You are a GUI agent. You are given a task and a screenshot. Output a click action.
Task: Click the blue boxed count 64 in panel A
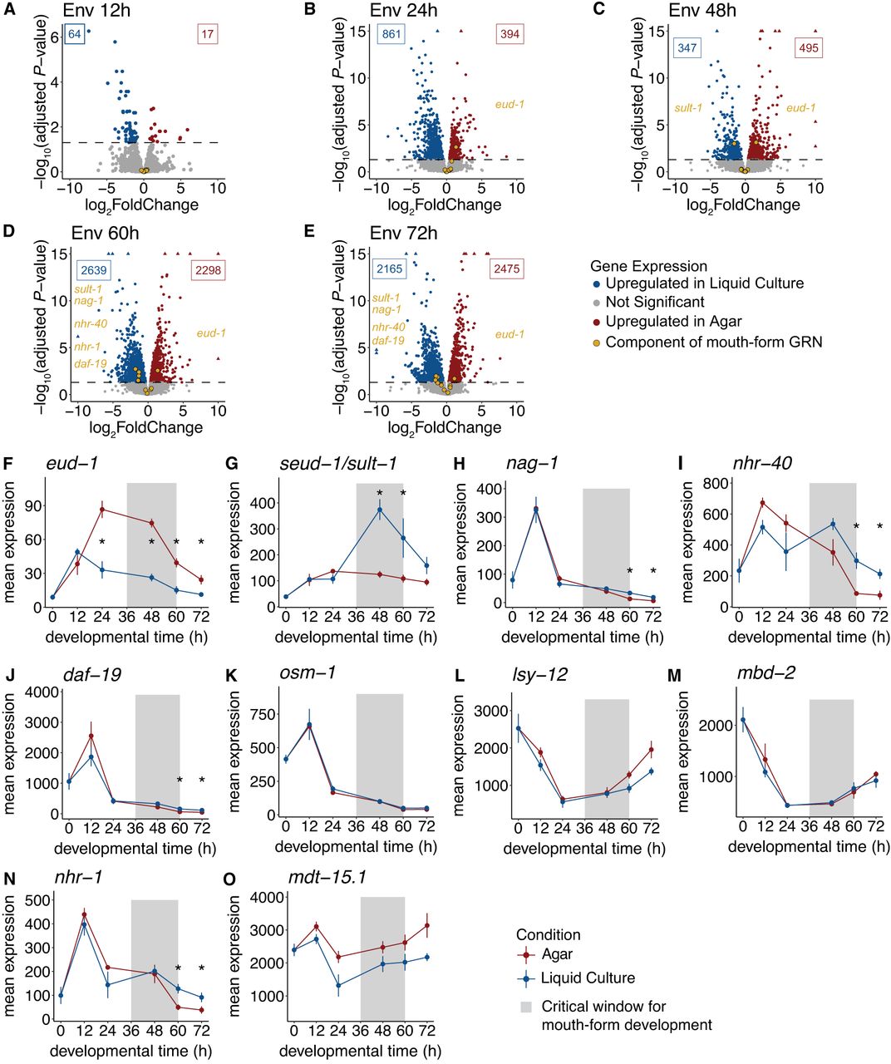pos(74,34)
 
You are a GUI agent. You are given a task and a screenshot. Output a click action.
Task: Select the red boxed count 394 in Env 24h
pos(510,34)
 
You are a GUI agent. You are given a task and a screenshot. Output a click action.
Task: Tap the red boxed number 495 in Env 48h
pos(809,48)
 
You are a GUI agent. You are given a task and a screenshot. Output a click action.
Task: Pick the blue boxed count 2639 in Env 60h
pos(94,269)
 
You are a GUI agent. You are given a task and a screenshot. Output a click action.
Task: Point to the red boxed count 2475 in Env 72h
pos(506,268)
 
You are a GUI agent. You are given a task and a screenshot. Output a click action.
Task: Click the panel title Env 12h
pos(96,10)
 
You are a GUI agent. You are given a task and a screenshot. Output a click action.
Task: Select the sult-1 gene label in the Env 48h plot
pos(688,108)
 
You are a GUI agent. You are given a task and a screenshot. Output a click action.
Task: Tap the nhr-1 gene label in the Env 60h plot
pos(87,347)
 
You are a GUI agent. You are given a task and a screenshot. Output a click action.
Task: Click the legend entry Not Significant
pos(655,303)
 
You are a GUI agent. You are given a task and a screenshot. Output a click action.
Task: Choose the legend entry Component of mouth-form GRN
pos(714,342)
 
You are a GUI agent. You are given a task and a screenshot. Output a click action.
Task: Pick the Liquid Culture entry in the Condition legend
pos(588,978)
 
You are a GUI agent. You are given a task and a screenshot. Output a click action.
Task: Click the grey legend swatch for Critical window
pos(526,1007)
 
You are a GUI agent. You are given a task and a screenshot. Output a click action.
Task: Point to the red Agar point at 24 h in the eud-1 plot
pos(102,509)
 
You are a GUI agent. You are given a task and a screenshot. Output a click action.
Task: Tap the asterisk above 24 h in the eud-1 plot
pos(102,541)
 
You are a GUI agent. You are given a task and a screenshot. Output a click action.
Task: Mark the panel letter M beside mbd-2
pos(674,675)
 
